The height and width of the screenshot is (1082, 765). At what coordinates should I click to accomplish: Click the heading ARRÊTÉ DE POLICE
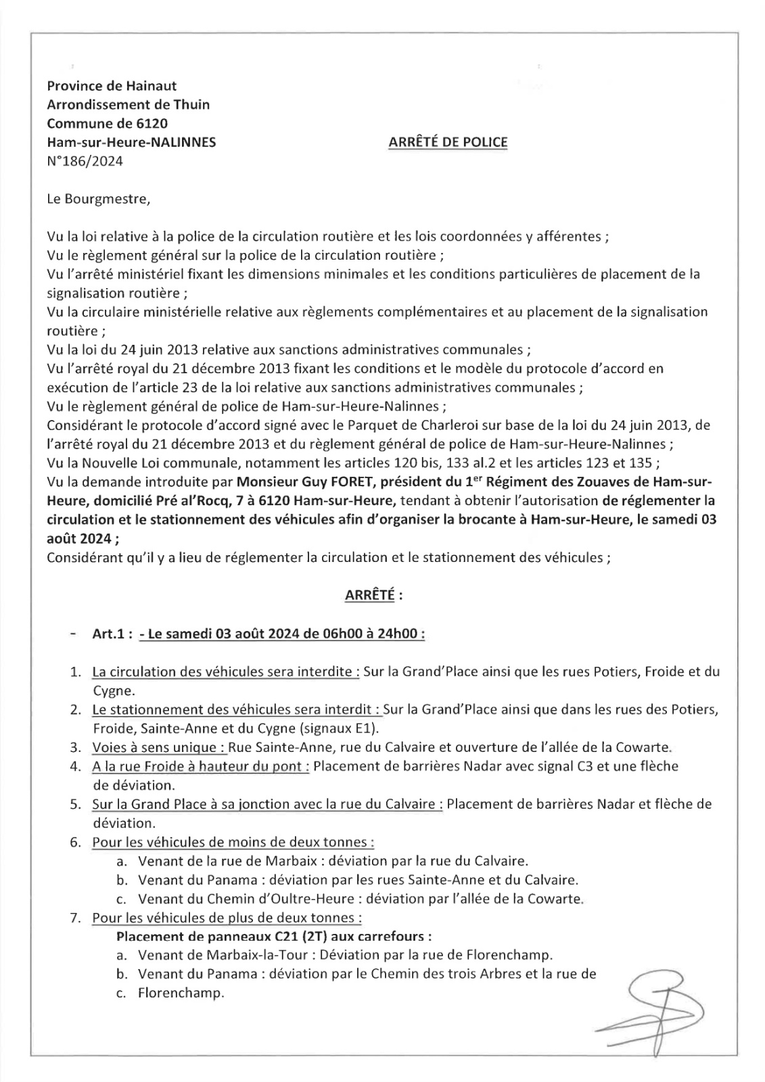click(448, 142)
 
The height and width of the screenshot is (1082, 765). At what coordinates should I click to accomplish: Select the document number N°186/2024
click(85, 161)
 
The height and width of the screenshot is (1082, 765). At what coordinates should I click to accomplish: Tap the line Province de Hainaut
click(112, 85)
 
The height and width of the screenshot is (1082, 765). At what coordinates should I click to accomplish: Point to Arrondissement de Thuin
click(129, 104)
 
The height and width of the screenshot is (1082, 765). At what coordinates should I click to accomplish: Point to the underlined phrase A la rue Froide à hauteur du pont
click(201, 766)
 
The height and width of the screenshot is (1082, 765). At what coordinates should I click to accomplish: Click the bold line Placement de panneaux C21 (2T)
click(274, 937)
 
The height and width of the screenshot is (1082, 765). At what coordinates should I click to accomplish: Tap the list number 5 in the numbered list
click(76, 804)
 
